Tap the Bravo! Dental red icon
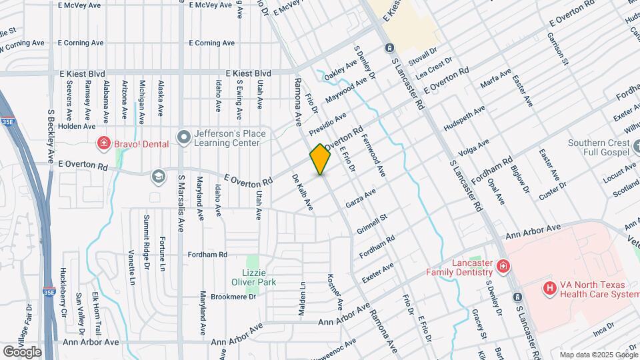[x=103, y=142]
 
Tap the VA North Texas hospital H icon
[x=550, y=288]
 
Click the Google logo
[x=22, y=351]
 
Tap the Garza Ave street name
[x=360, y=197]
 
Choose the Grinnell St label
[x=373, y=225]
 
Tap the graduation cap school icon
[x=159, y=176]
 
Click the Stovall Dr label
[x=423, y=49]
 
